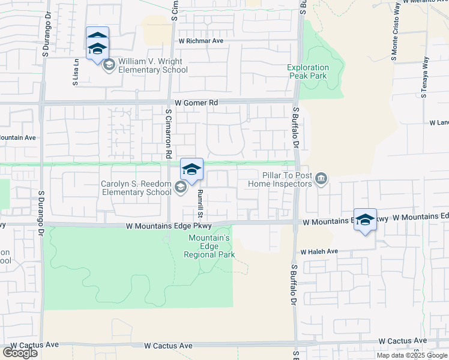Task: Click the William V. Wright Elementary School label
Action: pyautogui.click(x=152, y=65)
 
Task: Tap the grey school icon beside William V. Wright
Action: pyautogui.click(x=109, y=64)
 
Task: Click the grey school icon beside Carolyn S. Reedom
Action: pyautogui.click(x=180, y=188)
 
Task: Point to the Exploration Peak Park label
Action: pyautogui.click(x=308, y=72)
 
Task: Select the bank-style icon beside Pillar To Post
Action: pyautogui.click(x=321, y=179)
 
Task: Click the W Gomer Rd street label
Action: pyautogui.click(x=196, y=103)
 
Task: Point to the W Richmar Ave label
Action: pyautogui.click(x=200, y=41)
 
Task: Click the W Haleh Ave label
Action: pyautogui.click(x=319, y=251)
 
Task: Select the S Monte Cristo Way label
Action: pyautogui.click(x=396, y=39)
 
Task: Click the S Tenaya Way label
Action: pyautogui.click(x=424, y=77)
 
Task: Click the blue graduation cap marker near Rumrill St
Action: pyautogui.click(x=191, y=170)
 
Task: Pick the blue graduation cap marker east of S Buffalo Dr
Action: pyautogui.click(x=365, y=220)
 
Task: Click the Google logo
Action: pyautogui.click(x=20, y=353)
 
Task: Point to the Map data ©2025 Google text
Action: pyautogui.click(x=412, y=355)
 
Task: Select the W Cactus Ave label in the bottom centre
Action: pyautogui.click(x=169, y=346)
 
